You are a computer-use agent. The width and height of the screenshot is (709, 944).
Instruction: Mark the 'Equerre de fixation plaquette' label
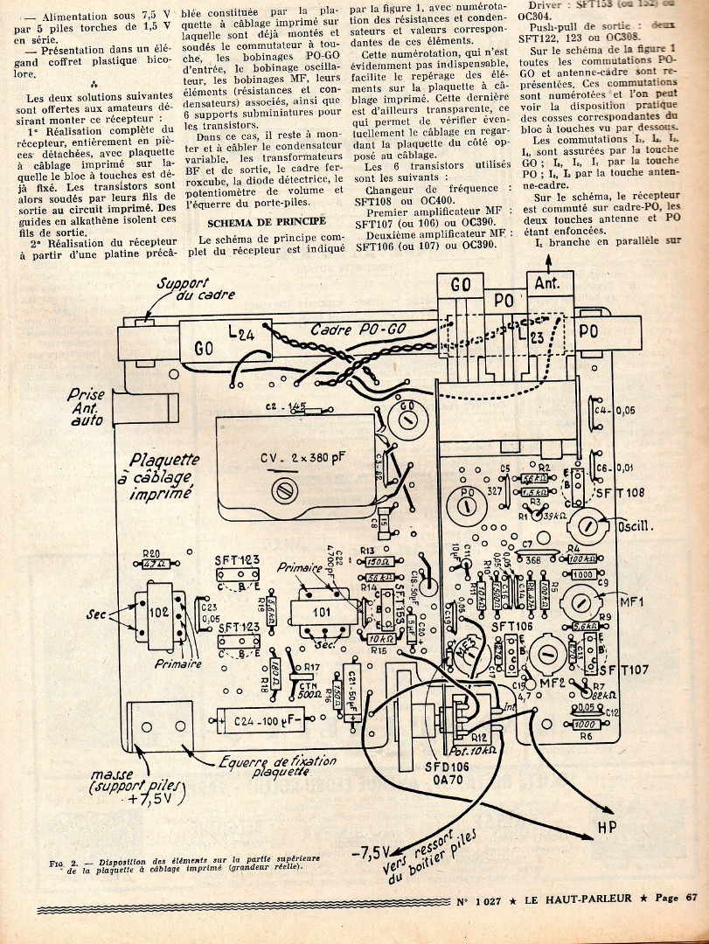click(x=280, y=765)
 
